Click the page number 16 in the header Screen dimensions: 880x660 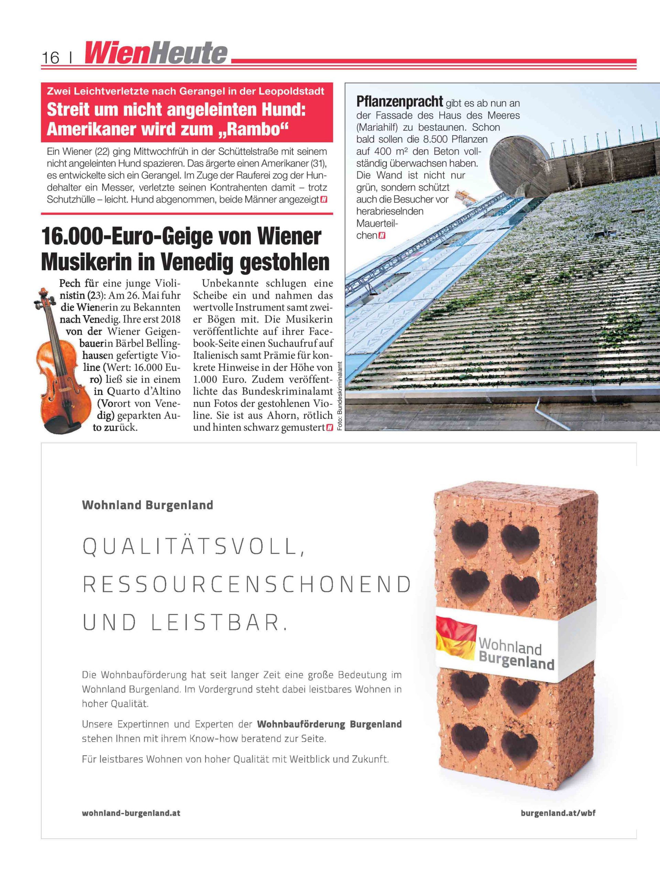coord(50,58)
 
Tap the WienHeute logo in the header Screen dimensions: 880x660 coord(156,53)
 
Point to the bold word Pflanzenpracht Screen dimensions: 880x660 coord(399,102)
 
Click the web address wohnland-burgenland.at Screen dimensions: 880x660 coord(131,813)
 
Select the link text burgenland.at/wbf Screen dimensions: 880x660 coord(558,813)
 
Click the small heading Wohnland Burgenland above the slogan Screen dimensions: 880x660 coord(147,505)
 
